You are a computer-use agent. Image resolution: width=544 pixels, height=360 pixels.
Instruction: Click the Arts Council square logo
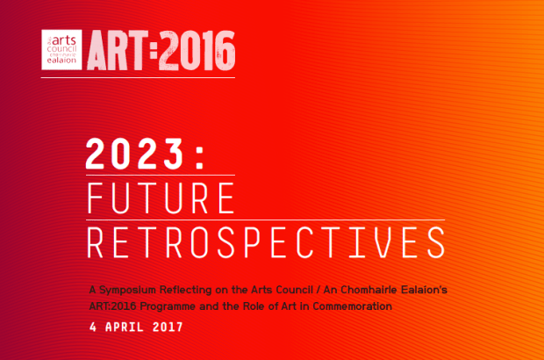(61, 50)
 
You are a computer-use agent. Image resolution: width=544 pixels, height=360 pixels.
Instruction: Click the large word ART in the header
(118, 50)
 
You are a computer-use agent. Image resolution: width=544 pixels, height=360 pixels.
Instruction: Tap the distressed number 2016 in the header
(197, 50)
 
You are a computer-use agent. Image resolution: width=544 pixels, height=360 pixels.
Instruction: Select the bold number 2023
(134, 154)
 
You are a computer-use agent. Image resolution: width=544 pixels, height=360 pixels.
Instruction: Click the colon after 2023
(199, 157)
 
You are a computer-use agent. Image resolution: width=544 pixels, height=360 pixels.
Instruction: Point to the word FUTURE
(161, 198)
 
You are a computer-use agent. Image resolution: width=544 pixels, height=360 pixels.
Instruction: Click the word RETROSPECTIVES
(266, 242)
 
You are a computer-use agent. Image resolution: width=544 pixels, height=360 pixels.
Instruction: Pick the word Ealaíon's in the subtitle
(424, 290)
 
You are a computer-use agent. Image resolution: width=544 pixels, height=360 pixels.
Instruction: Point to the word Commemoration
(352, 306)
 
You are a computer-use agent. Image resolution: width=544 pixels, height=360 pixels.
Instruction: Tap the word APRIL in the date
(125, 327)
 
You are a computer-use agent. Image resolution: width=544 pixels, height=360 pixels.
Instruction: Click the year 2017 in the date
(168, 327)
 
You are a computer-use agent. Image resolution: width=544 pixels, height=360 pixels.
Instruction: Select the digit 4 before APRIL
(93, 327)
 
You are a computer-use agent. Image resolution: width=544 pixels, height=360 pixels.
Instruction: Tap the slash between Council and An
(319, 290)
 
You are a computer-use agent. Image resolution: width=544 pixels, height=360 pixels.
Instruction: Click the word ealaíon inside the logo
(61, 61)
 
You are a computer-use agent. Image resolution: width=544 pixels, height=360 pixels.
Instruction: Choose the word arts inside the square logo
(64, 40)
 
